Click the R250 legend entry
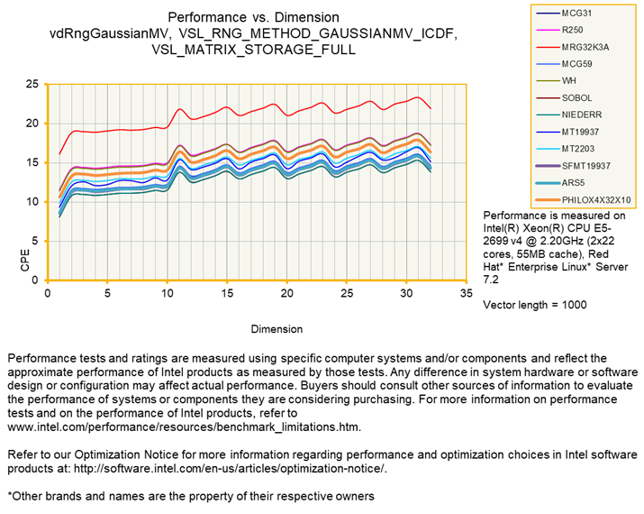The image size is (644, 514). [x=574, y=30]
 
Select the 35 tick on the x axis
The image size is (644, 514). [x=466, y=293]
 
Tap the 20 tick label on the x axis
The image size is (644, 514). [x=287, y=293]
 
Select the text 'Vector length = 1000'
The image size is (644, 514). [x=535, y=305]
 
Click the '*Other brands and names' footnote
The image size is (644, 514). [x=190, y=495]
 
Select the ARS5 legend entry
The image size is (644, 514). [x=574, y=182]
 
